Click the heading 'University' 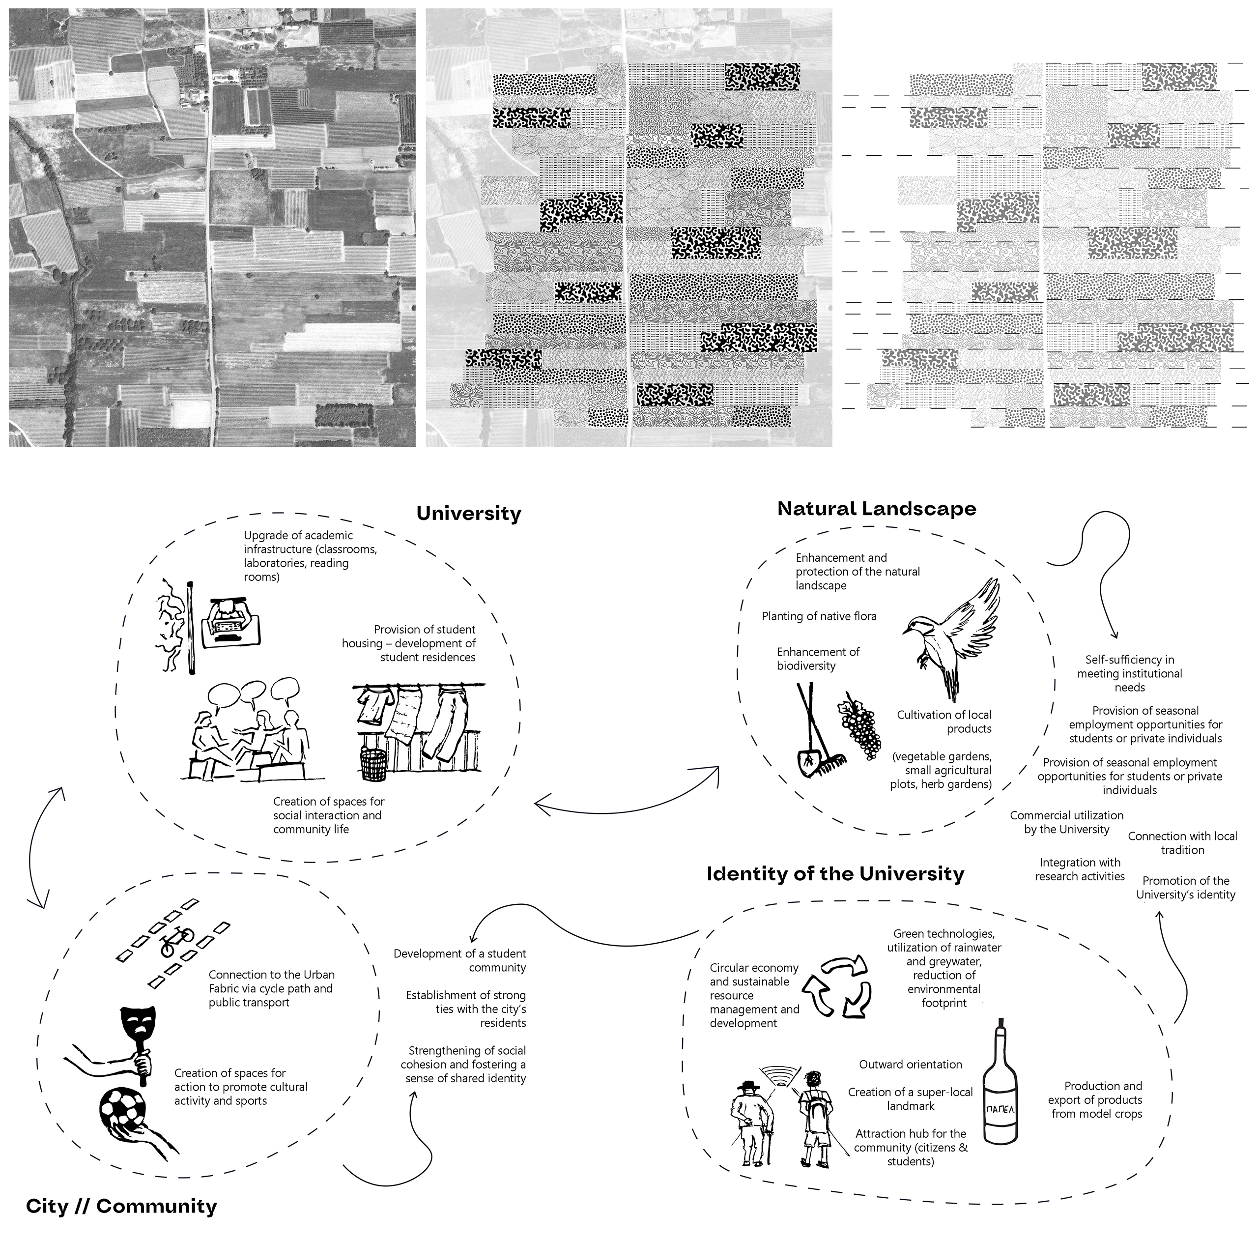coord(468,514)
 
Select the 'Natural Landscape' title coord(877,509)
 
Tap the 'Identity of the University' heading coord(835,874)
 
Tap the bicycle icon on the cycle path coord(176,944)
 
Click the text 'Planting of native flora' coord(819,616)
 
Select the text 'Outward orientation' coord(910,1065)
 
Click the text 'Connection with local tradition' coord(1182,842)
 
